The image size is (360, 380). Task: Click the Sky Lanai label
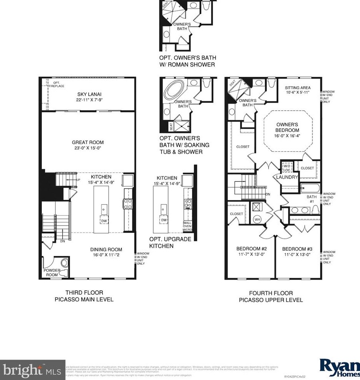[x=88, y=94]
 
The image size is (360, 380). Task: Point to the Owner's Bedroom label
[x=287, y=127]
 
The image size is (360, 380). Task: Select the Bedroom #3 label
[x=297, y=249]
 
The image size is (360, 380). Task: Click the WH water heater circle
[x=257, y=220]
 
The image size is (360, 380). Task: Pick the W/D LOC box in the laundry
[x=287, y=166]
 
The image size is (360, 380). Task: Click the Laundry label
[x=287, y=177]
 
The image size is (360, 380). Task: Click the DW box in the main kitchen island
[x=104, y=220]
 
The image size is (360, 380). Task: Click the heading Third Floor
[x=84, y=292]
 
